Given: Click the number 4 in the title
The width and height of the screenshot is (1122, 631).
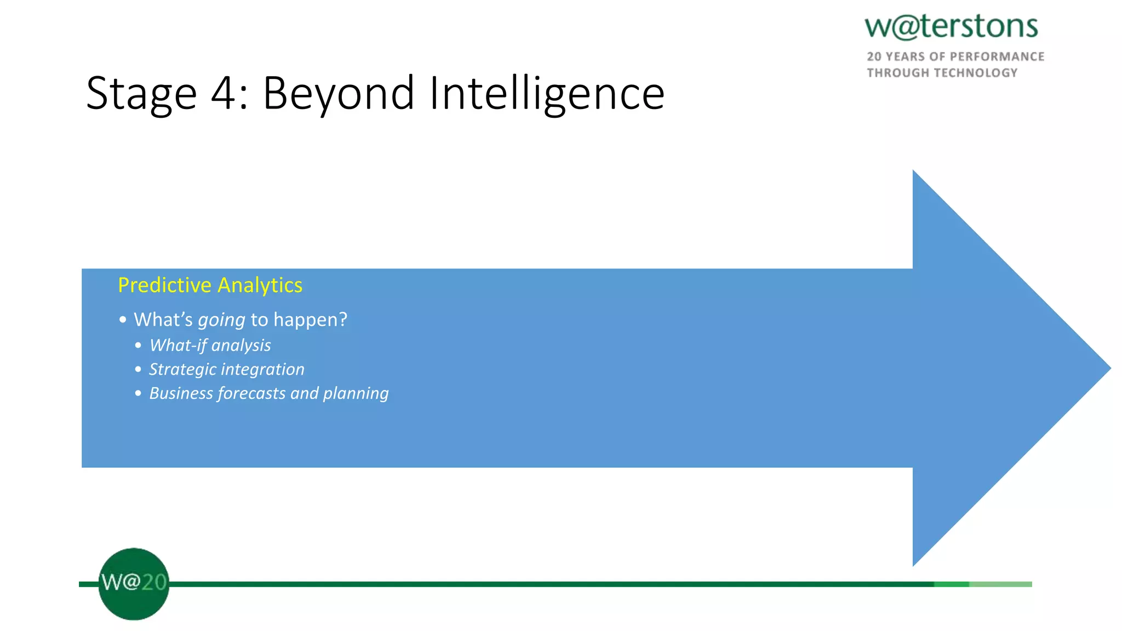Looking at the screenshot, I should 224,93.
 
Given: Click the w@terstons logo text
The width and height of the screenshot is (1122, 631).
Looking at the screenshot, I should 951,27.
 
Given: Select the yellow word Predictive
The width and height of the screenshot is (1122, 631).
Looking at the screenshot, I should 164,285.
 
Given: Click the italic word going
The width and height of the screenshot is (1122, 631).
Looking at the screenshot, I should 221,320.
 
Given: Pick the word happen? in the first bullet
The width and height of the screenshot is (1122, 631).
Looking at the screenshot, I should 310,319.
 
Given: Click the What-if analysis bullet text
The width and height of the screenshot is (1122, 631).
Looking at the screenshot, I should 210,345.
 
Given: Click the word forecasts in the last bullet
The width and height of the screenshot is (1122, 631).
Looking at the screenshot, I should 251,393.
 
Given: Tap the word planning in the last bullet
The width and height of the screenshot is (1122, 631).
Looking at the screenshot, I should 356,394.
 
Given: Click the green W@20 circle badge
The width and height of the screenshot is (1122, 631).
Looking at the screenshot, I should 134,584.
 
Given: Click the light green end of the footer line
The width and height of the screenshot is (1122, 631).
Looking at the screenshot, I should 1000,584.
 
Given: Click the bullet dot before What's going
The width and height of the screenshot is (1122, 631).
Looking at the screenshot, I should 123,319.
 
